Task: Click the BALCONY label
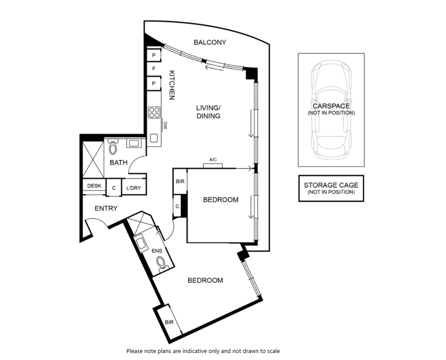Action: point(210,42)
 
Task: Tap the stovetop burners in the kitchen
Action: point(154,112)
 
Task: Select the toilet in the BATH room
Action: point(113,147)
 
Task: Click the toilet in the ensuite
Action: point(161,263)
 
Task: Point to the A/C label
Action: point(213,160)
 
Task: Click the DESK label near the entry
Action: point(94,186)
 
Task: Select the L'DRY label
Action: point(133,188)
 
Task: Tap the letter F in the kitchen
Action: point(154,69)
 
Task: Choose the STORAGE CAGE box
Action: point(331,188)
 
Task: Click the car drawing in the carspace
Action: point(331,109)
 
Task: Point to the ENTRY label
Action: point(106,209)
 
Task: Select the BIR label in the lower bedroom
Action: point(169,322)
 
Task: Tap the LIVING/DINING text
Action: point(208,112)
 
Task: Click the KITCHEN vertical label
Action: point(172,85)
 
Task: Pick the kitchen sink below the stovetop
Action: point(154,138)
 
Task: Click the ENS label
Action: point(157,251)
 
